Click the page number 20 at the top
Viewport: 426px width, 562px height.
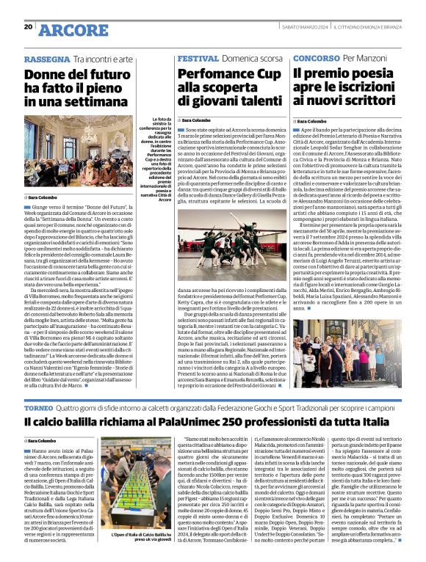[29, 27]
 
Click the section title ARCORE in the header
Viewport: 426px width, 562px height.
[72, 29]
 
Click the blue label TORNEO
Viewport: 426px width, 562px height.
[40, 406]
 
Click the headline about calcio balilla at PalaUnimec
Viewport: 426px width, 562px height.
[213, 423]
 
